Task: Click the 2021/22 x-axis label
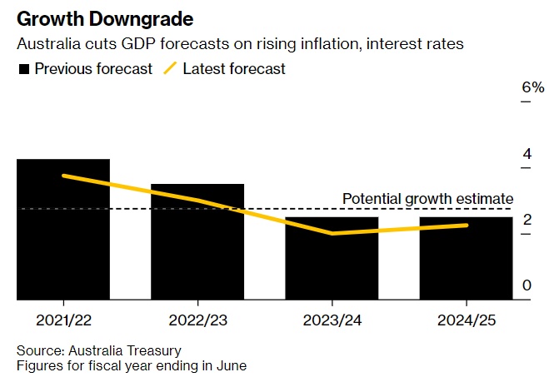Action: (63, 320)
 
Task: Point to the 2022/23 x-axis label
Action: (197, 320)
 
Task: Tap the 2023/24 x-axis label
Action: (332, 320)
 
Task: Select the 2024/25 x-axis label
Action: (466, 320)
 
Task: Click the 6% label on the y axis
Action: (532, 87)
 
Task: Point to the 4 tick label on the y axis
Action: (527, 154)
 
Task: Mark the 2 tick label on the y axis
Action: (527, 220)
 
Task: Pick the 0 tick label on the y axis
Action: (527, 285)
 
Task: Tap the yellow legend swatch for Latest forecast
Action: (170, 69)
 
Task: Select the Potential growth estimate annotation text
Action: (428, 199)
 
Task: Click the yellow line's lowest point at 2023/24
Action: (332, 234)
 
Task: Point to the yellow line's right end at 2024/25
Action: (466, 225)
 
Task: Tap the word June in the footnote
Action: (231, 365)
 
